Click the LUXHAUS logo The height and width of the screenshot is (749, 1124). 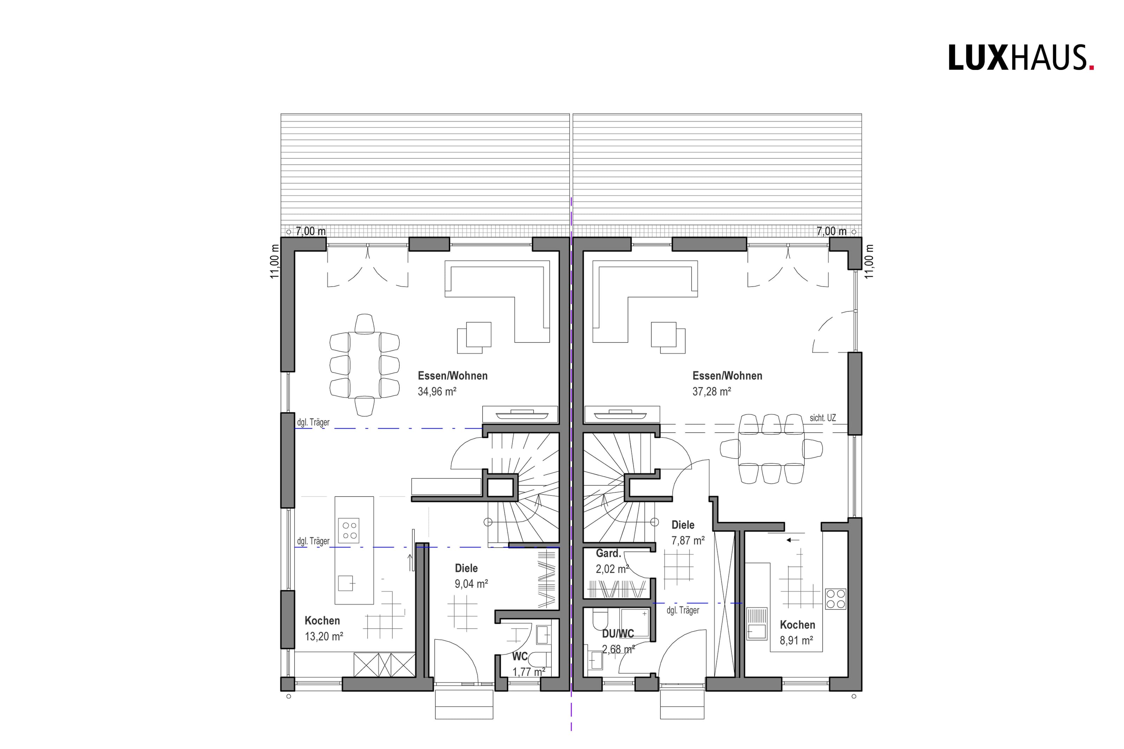coord(1021,58)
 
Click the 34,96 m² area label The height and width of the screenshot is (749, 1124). coord(437,392)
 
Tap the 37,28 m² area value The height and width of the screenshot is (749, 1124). coord(711,392)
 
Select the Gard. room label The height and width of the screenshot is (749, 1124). coord(608,554)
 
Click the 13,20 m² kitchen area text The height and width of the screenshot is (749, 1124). coord(324,636)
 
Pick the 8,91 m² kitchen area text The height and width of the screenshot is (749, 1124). coord(796,640)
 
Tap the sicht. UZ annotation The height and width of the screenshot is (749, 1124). coord(823,418)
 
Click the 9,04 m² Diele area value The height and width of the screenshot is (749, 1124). coord(471,584)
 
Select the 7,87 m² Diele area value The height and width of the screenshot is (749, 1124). coord(688,540)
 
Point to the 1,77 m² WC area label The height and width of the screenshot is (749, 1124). coord(529,672)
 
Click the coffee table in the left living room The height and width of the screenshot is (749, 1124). coord(474,338)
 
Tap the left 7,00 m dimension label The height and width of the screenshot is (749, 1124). coord(311,231)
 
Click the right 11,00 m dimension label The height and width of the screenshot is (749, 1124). coord(869,261)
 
